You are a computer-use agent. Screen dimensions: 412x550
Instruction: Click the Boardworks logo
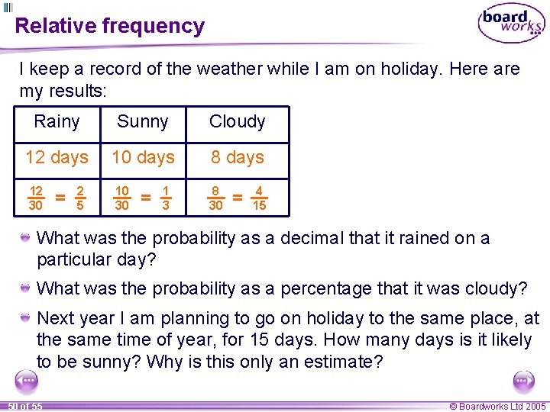click(511, 24)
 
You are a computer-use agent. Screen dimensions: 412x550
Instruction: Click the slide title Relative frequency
click(110, 26)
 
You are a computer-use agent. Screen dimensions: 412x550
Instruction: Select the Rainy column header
click(57, 122)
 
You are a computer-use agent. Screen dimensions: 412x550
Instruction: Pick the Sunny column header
click(143, 122)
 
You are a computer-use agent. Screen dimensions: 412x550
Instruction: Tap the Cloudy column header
click(237, 122)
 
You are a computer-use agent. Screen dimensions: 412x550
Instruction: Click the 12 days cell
click(57, 158)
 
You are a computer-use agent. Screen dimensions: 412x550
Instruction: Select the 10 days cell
click(143, 158)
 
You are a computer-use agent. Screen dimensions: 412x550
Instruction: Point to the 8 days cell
click(237, 158)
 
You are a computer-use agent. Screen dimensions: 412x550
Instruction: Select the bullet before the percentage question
click(26, 288)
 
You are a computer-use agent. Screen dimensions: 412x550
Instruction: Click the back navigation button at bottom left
click(27, 381)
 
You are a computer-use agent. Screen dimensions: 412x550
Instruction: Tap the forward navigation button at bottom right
click(524, 381)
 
